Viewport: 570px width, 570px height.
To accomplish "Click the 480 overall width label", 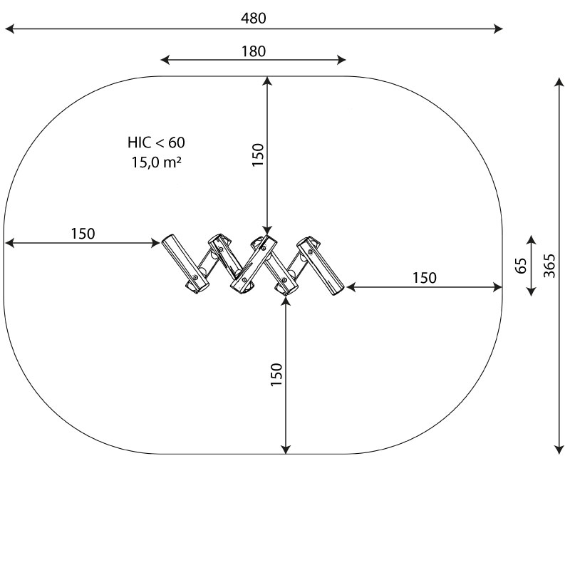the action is (254, 18).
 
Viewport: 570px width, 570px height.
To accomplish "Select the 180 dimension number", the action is (254, 51).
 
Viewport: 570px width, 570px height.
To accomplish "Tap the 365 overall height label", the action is (549, 266).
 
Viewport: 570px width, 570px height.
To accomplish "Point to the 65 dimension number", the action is (521, 266).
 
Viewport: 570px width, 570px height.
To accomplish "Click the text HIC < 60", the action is (156, 142).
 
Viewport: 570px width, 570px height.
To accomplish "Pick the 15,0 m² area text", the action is (156, 162).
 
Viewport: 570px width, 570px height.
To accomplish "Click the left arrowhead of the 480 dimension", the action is (10, 28).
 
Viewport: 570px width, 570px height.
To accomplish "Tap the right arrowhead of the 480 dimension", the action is (498, 28).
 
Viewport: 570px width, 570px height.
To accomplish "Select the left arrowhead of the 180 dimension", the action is (165, 60).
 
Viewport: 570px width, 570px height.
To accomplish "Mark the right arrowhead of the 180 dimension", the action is (341, 60).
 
